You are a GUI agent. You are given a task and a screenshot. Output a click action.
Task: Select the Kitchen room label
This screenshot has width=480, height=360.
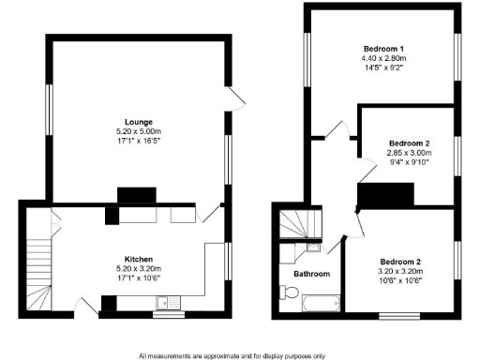[139, 258]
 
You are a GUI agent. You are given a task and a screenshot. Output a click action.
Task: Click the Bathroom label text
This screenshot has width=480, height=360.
[311, 274]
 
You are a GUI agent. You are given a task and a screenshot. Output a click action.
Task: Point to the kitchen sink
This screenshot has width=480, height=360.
[170, 302]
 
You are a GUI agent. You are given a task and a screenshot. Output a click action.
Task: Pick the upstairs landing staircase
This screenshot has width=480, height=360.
[298, 224]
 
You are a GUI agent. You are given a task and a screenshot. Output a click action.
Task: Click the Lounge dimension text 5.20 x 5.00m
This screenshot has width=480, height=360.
[139, 132]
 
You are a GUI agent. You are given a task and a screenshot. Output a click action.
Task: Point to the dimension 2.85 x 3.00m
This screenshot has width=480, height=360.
[410, 153]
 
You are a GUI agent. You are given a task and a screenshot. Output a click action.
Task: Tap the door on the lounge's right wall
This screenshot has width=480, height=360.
[235, 97]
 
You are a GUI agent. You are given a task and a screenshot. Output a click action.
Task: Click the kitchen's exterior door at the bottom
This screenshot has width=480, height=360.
[86, 307]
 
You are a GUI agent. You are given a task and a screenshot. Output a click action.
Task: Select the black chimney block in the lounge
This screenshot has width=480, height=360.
[128, 195]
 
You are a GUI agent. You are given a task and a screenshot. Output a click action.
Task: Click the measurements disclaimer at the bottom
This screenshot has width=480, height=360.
[232, 355]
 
